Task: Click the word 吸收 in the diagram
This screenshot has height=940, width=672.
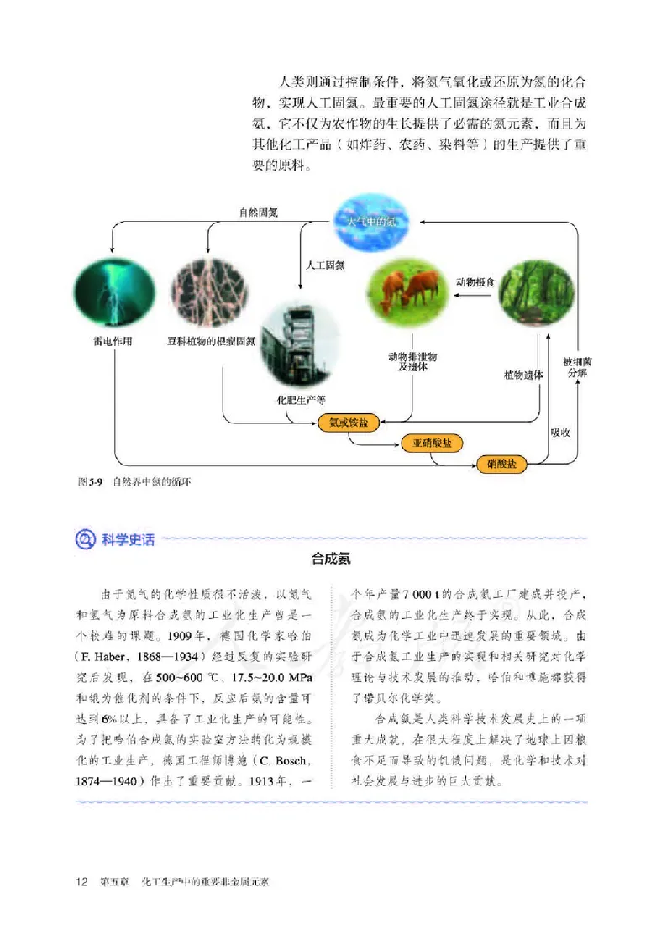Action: click(560, 432)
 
